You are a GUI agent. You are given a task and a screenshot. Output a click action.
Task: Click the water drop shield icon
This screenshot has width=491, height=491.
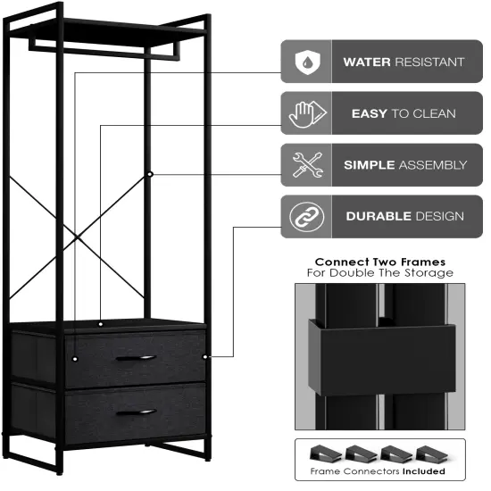(x=306, y=62)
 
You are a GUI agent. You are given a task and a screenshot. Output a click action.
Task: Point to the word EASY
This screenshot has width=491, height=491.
(x=369, y=113)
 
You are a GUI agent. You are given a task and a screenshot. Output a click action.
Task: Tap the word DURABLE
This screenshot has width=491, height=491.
(x=378, y=216)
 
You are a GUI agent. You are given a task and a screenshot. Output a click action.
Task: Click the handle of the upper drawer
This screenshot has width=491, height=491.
(x=136, y=358)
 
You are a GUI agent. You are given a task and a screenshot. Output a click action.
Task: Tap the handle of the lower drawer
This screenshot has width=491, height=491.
(x=136, y=412)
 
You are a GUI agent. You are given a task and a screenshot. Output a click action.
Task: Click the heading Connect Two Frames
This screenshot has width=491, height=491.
(x=379, y=262)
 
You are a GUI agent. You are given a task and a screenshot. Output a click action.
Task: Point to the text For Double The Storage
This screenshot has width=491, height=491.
(x=379, y=273)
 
